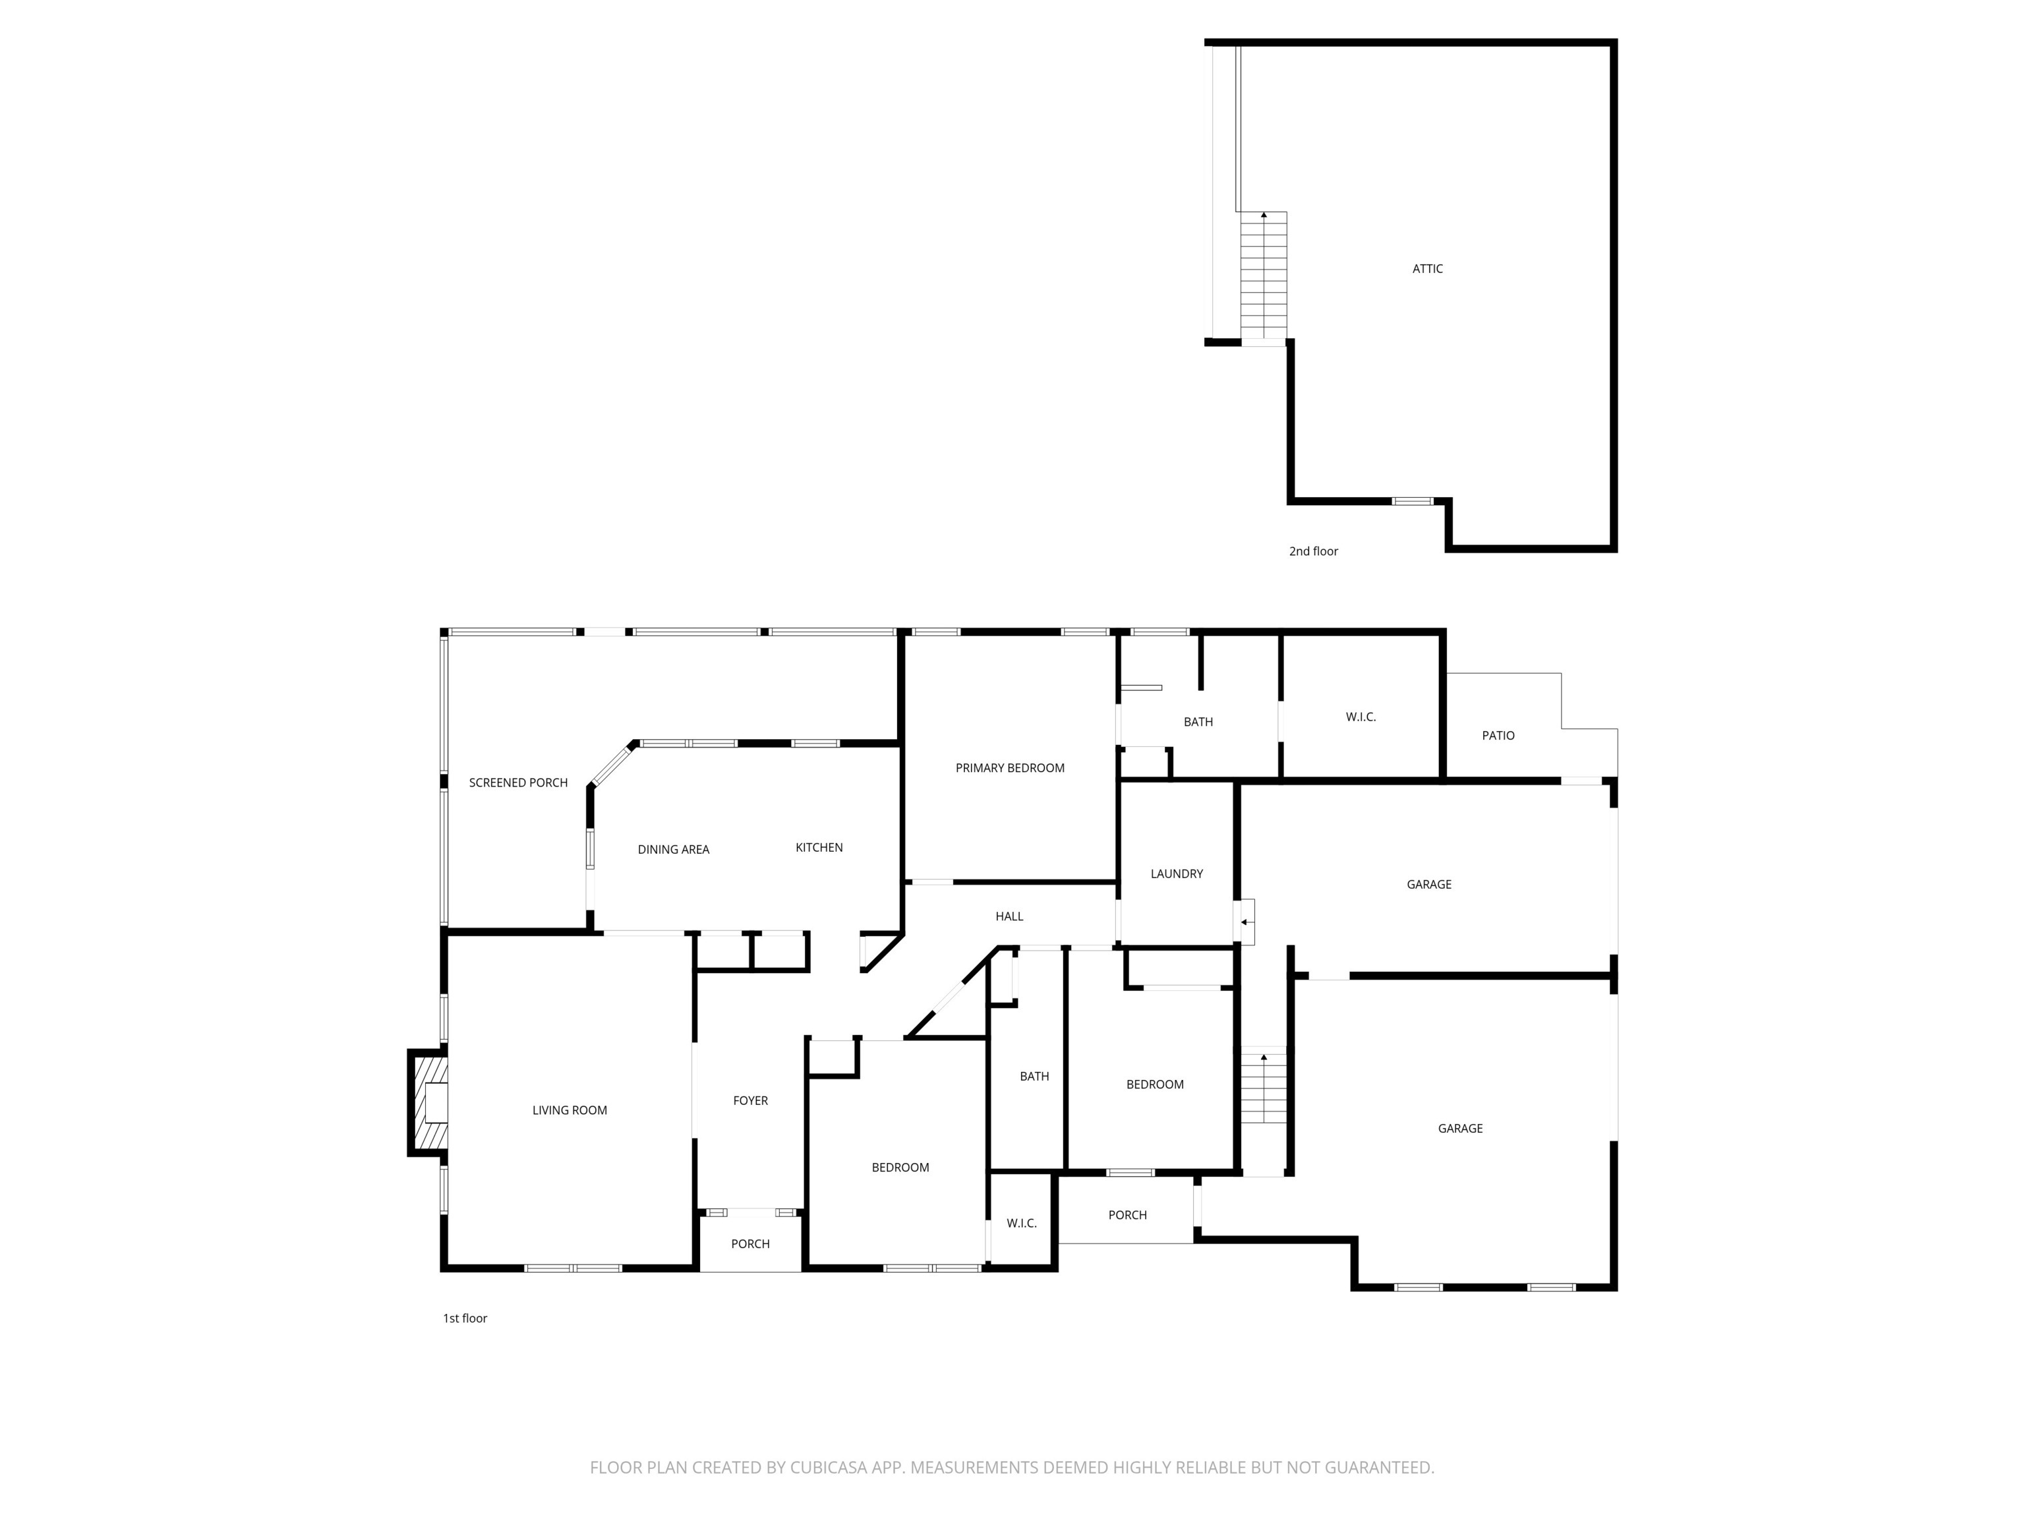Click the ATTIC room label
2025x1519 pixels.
point(1426,268)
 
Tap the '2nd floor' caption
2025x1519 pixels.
point(1313,551)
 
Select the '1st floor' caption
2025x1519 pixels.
point(465,1319)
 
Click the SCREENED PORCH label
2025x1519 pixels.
point(518,783)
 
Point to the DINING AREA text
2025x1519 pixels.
point(673,850)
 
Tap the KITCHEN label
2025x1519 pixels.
point(819,848)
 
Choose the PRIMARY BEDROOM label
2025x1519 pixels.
point(1010,768)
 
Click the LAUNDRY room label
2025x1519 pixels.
point(1177,874)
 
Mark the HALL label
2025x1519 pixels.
point(1009,916)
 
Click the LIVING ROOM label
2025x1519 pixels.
point(570,1111)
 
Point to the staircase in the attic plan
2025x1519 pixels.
point(1264,275)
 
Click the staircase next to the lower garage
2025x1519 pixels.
point(1264,1090)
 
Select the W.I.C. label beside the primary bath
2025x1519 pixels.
point(1361,717)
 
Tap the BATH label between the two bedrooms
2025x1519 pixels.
point(1034,1077)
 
